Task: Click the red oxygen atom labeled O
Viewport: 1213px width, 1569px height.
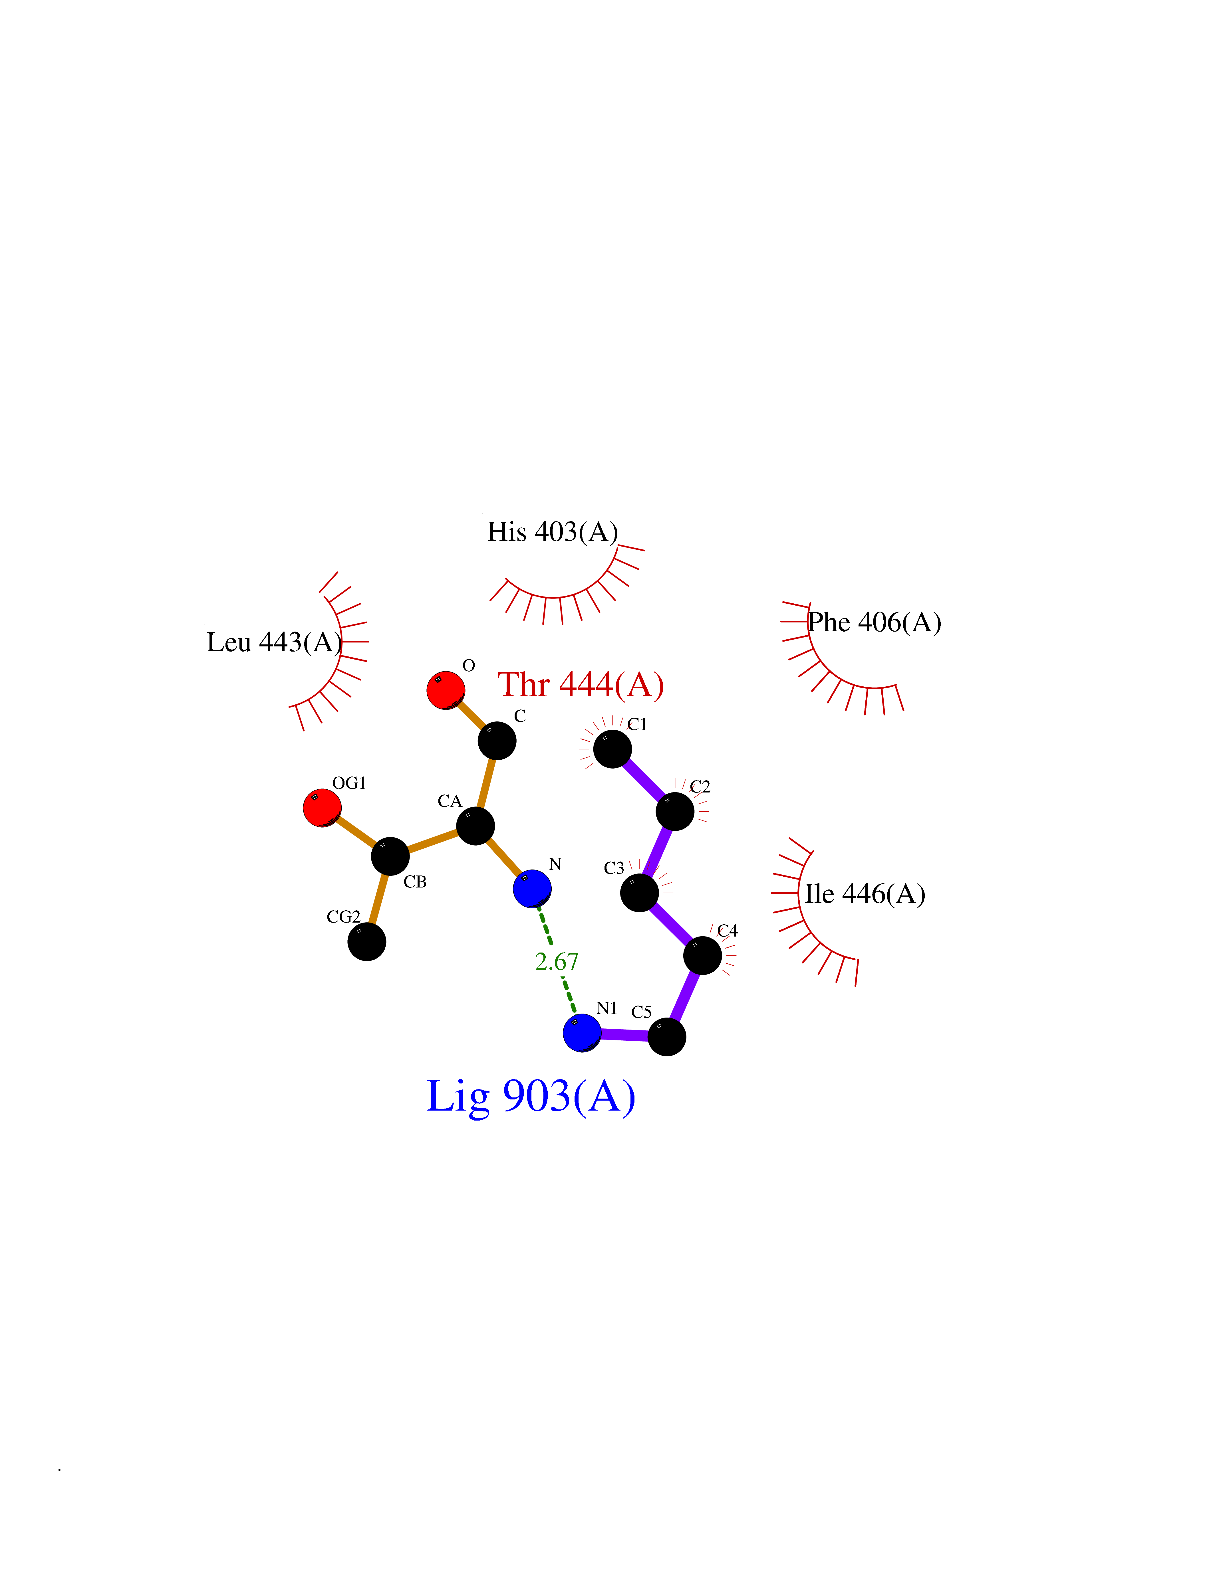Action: (446, 690)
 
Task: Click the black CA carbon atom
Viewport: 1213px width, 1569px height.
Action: (475, 826)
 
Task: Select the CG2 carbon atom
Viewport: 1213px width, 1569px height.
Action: (366, 941)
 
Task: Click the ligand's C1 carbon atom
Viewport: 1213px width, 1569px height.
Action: (612, 749)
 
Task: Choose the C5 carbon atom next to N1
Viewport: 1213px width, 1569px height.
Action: (667, 1037)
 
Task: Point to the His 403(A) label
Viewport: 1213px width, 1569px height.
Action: (553, 532)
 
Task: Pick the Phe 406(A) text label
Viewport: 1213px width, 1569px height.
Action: (875, 622)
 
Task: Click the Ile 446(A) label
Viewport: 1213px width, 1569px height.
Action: (865, 894)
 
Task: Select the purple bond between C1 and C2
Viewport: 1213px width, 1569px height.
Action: (643, 780)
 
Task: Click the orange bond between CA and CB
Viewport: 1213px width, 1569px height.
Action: (433, 841)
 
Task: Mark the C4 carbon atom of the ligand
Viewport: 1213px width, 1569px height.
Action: (702, 955)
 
